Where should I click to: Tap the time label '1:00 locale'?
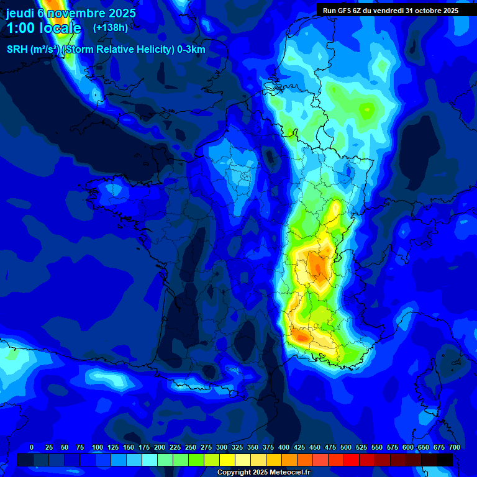tap(43, 28)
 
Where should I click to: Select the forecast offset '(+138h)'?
tap(110, 28)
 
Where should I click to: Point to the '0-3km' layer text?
tap(191, 50)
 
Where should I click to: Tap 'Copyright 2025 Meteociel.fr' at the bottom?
tap(264, 472)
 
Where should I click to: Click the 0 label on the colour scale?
tap(32, 447)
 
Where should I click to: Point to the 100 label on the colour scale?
tap(98, 447)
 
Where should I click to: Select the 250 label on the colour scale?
tap(191, 447)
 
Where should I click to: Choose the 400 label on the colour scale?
tap(284, 447)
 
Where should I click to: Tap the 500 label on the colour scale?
tap(346, 447)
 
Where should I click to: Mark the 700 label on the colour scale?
tap(454, 447)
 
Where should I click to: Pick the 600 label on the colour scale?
tap(408, 447)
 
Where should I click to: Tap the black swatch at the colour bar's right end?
tap(445, 460)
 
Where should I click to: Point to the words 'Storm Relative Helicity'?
tap(119, 50)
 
